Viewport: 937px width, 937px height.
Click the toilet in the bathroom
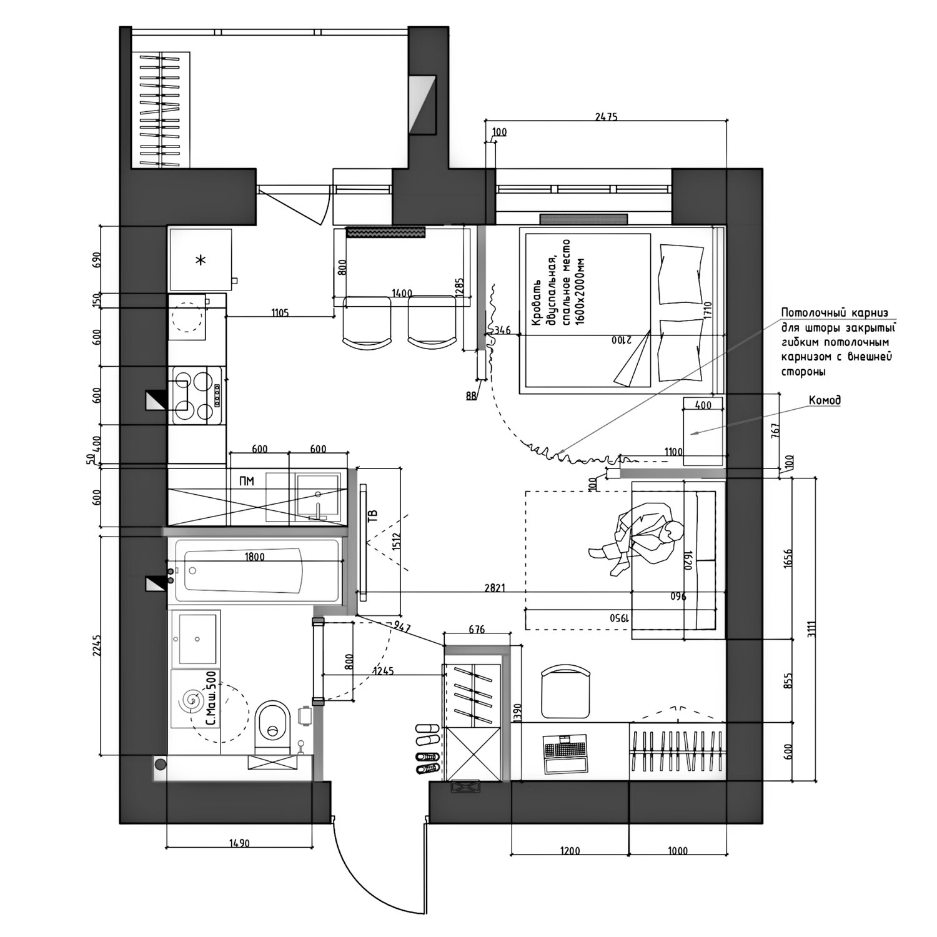click(x=273, y=727)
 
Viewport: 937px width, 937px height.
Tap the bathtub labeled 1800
click(x=258, y=572)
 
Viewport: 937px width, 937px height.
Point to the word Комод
click(x=825, y=400)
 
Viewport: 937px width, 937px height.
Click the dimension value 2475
click(x=605, y=117)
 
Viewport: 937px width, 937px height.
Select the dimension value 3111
click(x=810, y=628)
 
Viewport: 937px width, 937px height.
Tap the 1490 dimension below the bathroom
click(x=239, y=843)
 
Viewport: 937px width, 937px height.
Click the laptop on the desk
click(x=566, y=753)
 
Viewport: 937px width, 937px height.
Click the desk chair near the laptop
click(x=565, y=692)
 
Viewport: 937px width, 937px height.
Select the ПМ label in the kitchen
click(x=247, y=481)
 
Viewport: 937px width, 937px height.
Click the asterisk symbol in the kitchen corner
click(x=201, y=260)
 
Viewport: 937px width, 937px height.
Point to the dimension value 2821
click(x=494, y=588)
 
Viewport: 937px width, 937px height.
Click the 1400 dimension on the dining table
click(x=402, y=293)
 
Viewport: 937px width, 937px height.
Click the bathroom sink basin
click(x=196, y=638)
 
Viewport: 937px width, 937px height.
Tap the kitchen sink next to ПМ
click(x=317, y=497)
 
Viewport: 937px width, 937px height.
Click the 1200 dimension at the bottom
click(x=570, y=850)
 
